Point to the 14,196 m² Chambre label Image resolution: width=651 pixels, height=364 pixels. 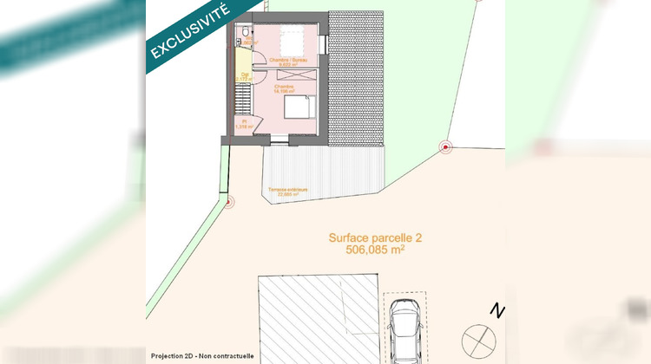[285, 89]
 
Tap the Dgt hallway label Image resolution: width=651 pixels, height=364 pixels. [245, 76]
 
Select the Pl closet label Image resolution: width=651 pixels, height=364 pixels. [245, 124]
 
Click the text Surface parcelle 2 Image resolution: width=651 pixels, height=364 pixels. [374, 237]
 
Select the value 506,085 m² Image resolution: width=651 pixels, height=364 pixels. [374, 250]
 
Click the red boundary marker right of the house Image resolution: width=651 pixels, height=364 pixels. [446, 147]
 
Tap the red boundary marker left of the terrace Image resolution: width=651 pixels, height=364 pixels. [229, 204]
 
